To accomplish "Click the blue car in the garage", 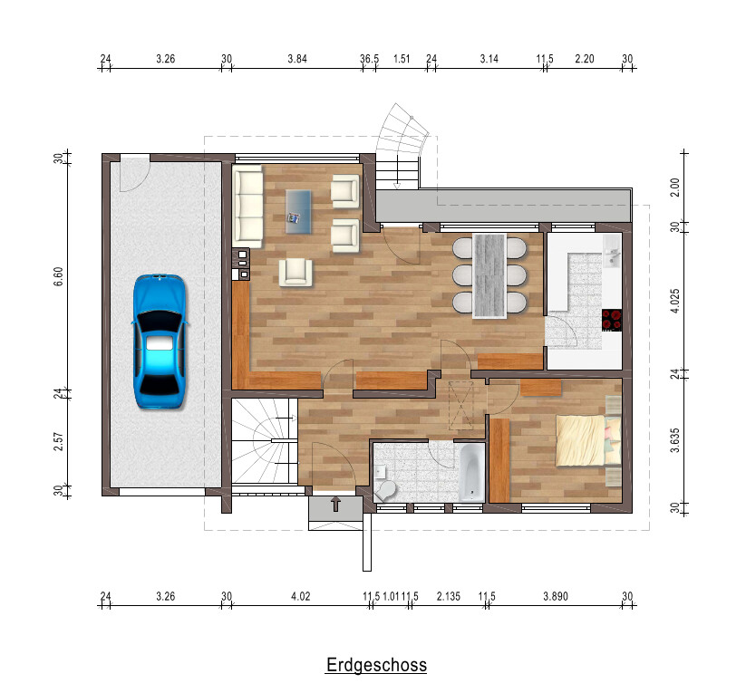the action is click(x=159, y=341).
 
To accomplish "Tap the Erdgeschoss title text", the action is click(x=376, y=664).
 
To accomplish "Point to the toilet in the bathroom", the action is click(x=385, y=490).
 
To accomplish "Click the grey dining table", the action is click(x=489, y=275).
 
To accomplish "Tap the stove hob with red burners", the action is click(x=612, y=320).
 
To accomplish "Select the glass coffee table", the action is click(x=298, y=212).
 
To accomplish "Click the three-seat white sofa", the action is click(x=247, y=206).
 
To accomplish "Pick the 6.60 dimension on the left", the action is click(x=58, y=276).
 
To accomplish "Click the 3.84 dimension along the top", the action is click(x=297, y=59).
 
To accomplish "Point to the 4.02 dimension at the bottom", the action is click(x=301, y=596).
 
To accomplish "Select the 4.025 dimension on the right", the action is click(x=674, y=301).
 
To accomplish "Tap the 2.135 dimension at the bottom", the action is click(x=449, y=596).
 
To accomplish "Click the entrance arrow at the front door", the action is click(x=336, y=505).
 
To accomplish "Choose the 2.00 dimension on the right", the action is click(x=674, y=188).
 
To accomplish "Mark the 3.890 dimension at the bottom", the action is click(x=556, y=596).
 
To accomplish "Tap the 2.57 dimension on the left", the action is click(x=58, y=441).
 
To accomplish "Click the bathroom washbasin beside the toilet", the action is click(x=380, y=472).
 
